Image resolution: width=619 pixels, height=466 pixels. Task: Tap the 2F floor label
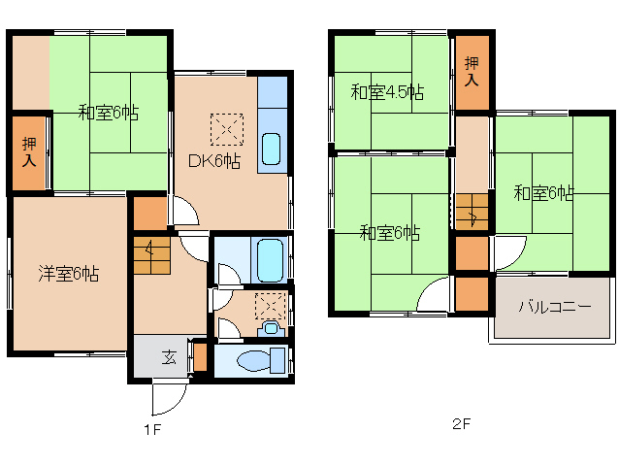coord(461,424)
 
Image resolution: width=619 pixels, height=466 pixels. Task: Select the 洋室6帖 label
coord(68,274)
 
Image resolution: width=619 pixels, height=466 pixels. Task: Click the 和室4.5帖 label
coord(387,93)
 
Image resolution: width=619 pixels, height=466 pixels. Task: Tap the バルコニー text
coord(554,307)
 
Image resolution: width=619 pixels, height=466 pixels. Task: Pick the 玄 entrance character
coord(169,357)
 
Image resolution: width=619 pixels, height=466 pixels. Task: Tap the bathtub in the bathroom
coord(269,260)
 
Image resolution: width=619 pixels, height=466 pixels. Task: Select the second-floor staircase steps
coord(472,212)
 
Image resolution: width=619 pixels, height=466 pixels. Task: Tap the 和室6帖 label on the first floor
coord(109,114)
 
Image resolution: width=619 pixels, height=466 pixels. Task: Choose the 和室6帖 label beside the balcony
coord(543,193)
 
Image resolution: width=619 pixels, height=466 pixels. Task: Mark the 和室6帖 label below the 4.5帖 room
coord(389,233)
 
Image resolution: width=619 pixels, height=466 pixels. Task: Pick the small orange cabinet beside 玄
coord(200,357)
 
